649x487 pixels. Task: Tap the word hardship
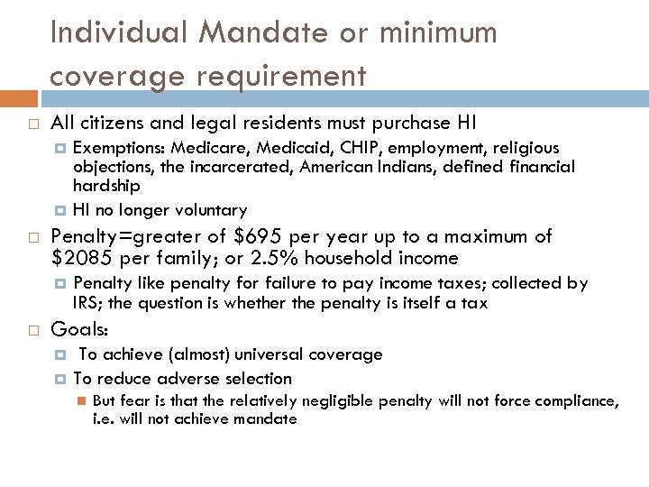[106, 185]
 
